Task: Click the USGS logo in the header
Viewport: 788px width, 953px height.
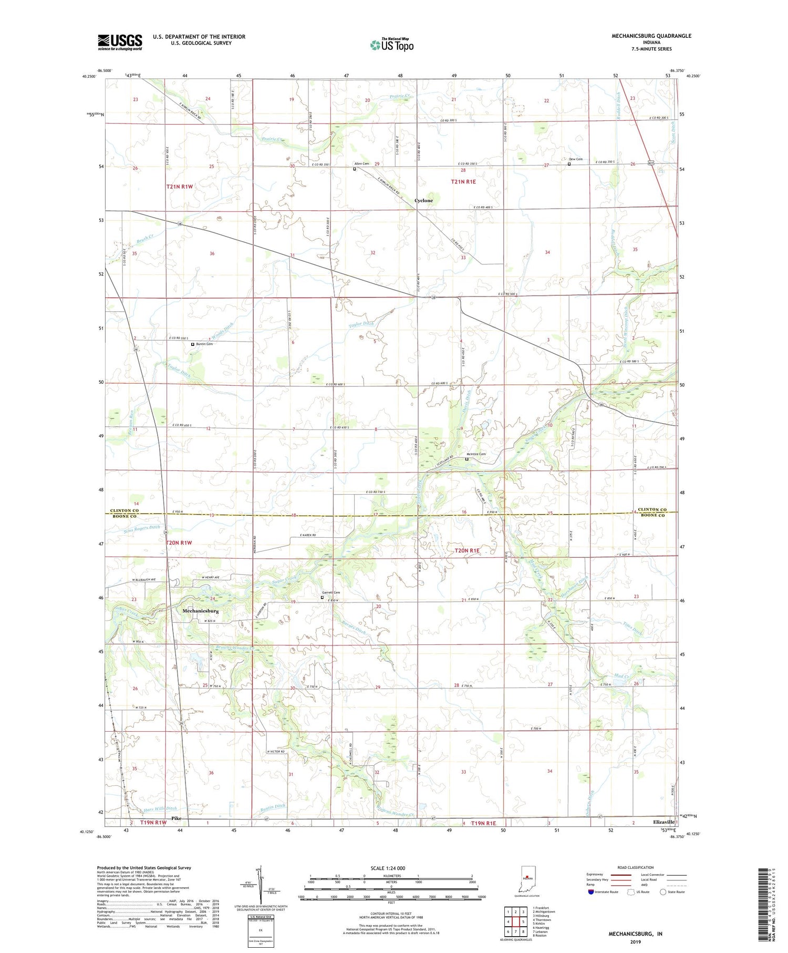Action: click(x=120, y=42)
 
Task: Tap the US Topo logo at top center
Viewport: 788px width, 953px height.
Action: click(x=391, y=45)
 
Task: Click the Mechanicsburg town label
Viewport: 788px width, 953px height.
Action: click(x=200, y=611)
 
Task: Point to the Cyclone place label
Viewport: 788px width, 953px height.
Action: click(x=423, y=201)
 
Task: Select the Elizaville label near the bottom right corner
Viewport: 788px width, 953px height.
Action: click(x=663, y=821)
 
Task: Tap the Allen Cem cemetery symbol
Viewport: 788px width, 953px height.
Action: click(x=355, y=169)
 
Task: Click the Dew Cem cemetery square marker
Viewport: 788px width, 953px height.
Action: click(x=569, y=163)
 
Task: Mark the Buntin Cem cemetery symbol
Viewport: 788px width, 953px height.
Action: click(x=193, y=344)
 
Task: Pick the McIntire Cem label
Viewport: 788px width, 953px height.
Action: click(x=476, y=454)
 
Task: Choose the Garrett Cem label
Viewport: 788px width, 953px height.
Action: click(x=330, y=593)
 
